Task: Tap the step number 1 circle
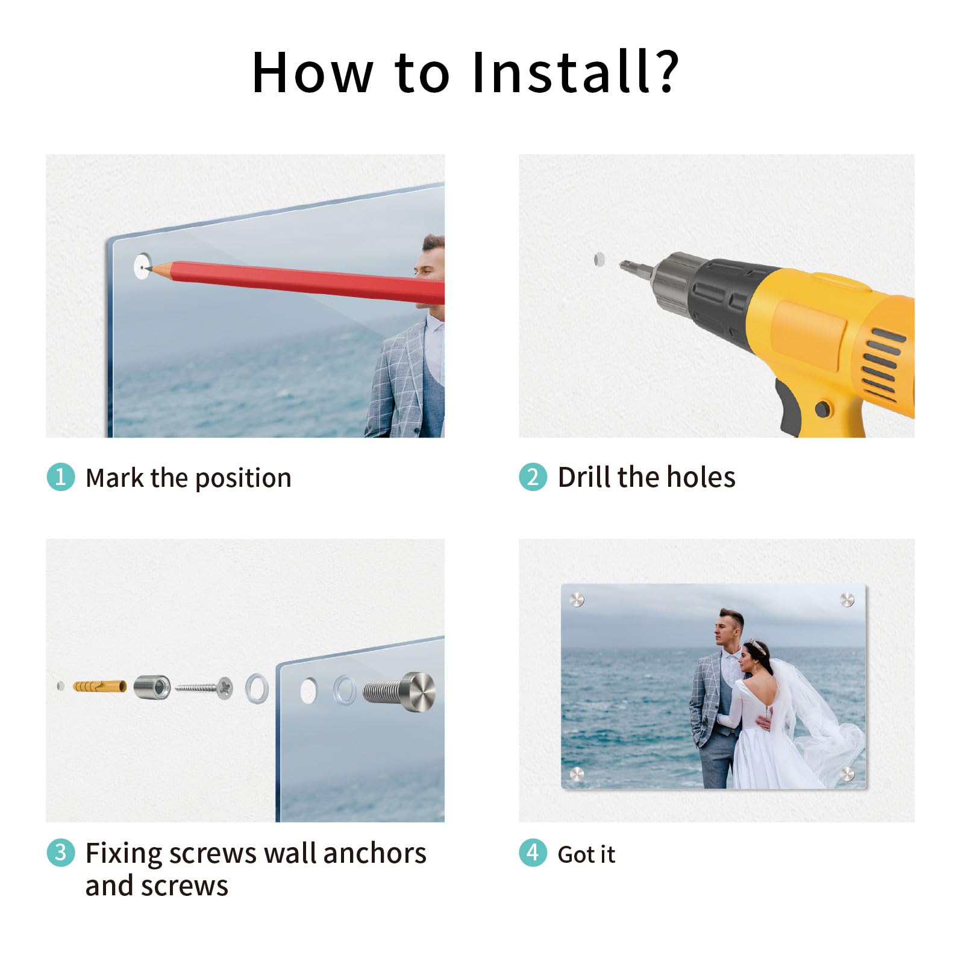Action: tap(61, 477)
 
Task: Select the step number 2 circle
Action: tap(533, 477)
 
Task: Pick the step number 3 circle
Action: tap(61, 852)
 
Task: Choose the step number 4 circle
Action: tap(533, 852)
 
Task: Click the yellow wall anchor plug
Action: tap(100, 686)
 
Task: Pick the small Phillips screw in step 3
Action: tap(204, 687)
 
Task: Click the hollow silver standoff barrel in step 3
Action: tap(152, 687)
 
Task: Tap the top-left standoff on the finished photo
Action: tap(577, 599)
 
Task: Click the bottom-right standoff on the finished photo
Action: tap(847, 774)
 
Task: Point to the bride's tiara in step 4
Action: tap(757, 647)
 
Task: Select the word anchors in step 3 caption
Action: tap(374, 853)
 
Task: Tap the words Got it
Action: tap(586, 854)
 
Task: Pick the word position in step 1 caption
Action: tap(243, 479)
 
